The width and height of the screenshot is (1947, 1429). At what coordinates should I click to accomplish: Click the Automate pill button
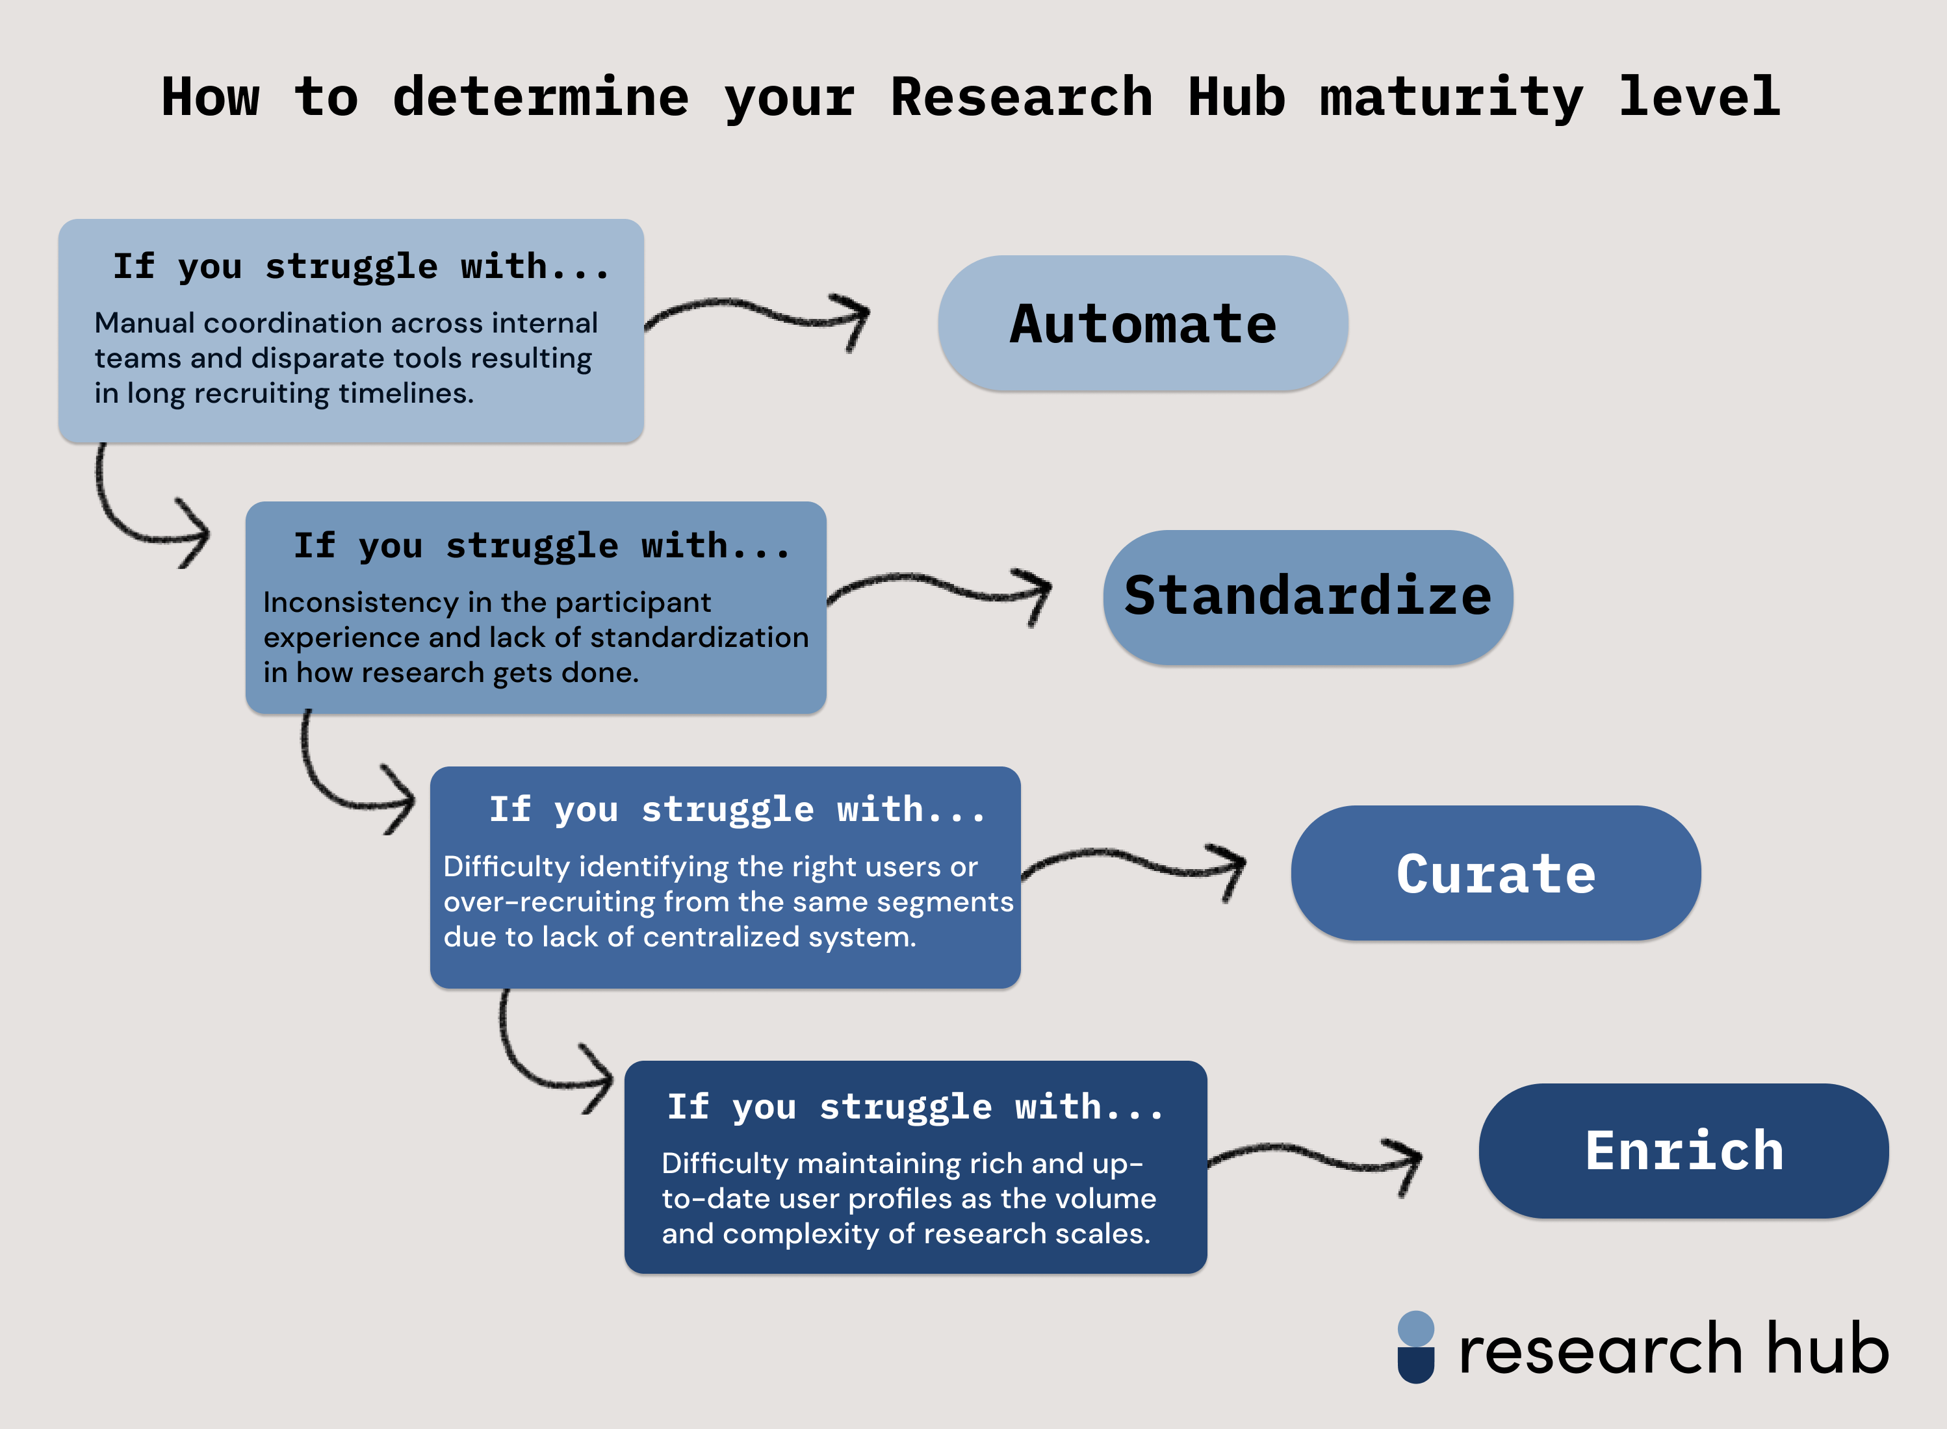(x=1142, y=323)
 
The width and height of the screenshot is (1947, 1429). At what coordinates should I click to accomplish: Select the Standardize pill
(x=1308, y=597)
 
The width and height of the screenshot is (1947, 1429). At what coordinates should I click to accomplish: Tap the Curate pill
(x=1495, y=873)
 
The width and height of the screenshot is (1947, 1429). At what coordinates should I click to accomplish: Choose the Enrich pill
(x=1683, y=1150)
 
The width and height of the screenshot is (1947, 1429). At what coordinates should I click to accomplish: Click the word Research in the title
(x=1021, y=97)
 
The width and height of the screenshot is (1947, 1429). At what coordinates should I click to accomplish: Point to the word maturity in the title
(x=1451, y=97)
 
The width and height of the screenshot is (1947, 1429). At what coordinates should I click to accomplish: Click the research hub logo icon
(x=1415, y=1347)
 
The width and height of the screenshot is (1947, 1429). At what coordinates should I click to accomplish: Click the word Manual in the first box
(x=144, y=323)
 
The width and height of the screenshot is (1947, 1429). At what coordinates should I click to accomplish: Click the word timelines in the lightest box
(x=405, y=394)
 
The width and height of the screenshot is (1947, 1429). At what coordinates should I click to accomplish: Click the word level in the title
(x=1699, y=97)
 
